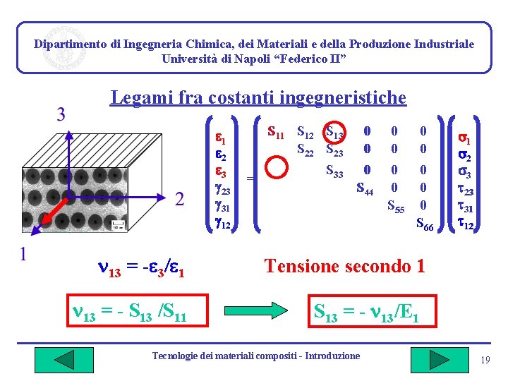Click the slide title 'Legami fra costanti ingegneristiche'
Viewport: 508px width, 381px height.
coord(258,97)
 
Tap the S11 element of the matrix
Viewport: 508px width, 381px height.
coord(276,131)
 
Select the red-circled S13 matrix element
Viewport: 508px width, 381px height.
coord(333,132)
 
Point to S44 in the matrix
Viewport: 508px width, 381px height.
coord(365,188)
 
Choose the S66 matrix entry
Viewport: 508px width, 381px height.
coord(424,225)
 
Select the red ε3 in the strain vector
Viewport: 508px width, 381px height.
coord(220,171)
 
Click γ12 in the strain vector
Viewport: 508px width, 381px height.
coord(222,225)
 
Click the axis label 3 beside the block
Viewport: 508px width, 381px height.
coord(61,114)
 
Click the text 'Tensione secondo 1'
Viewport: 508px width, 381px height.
coord(344,266)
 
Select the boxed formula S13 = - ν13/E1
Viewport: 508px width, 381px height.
coord(366,311)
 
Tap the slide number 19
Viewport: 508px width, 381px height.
coord(485,361)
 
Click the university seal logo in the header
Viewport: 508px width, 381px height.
coord(64,47)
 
